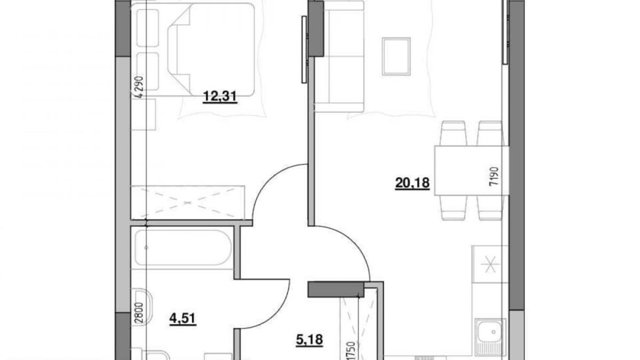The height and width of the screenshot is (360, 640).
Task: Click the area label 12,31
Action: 220,96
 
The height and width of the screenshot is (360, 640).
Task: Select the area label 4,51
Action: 183,318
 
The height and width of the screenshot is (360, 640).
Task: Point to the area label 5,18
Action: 309,340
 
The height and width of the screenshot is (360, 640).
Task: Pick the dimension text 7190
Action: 494,176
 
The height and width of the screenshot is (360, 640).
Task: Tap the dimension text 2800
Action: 139,313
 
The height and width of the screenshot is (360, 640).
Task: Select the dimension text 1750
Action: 350,350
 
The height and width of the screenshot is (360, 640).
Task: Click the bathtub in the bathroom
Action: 183,248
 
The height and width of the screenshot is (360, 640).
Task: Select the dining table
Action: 471,171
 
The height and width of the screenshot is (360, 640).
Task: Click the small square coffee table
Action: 396,56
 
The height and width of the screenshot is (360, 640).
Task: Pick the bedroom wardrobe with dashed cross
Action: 188,202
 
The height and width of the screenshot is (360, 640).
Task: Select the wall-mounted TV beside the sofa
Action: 304,49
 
